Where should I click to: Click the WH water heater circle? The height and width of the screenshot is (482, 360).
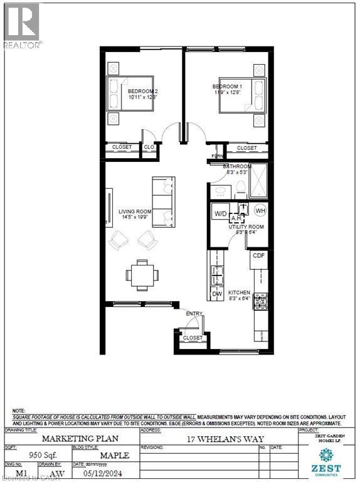[260, 210]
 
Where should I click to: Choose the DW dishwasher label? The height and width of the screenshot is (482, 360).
[216, 293]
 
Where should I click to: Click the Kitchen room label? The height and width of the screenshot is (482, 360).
[239, 293]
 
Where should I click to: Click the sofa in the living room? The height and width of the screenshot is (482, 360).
[164, 203]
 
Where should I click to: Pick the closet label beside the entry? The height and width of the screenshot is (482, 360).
[193, 338]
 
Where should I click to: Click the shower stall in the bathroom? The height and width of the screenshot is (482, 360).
[258, 181]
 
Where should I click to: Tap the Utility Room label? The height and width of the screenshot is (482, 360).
[248, 227]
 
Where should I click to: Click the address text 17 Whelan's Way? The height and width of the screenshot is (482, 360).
[226, 439]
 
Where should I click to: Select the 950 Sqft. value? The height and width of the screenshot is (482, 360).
[36, 455]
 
